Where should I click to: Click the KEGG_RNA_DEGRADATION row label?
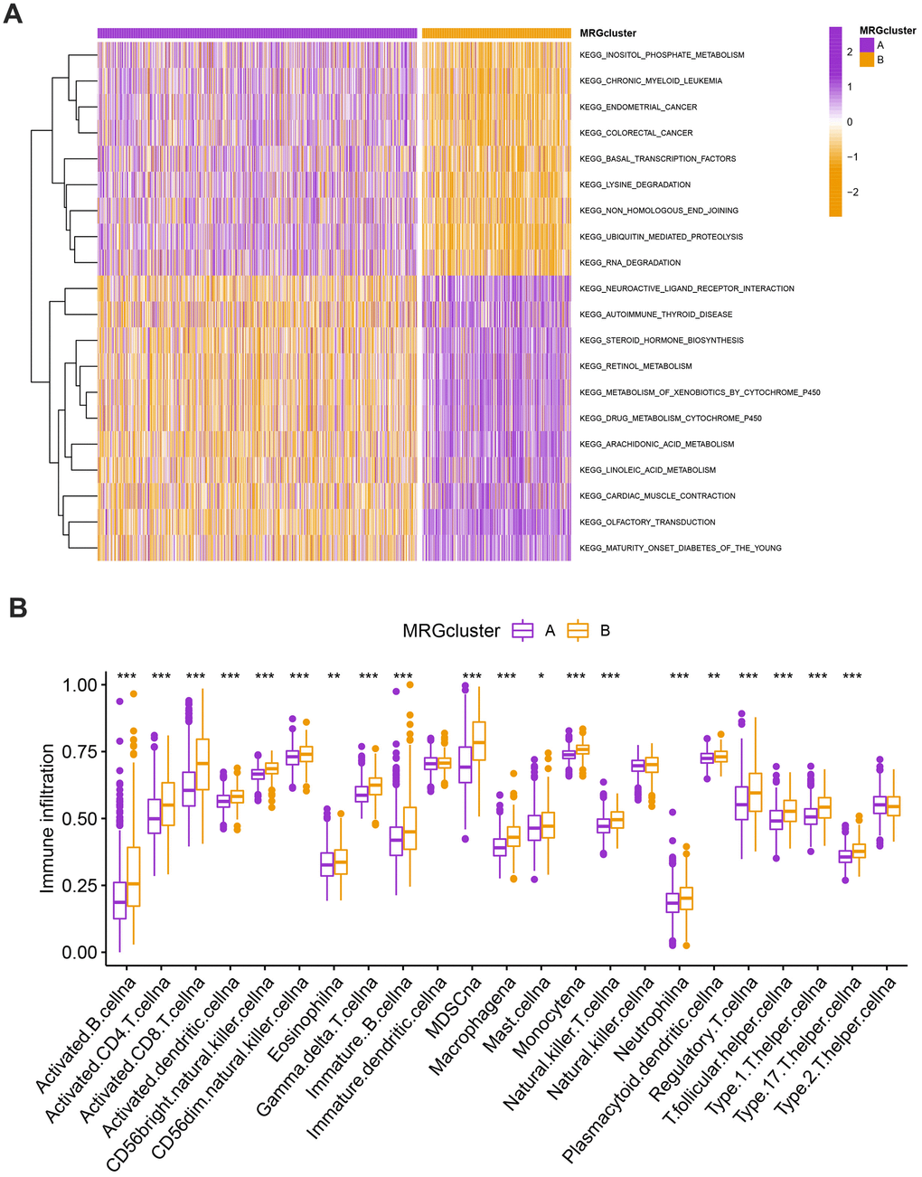tap(630, 263)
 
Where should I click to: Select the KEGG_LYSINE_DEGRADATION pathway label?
tap(635, 185)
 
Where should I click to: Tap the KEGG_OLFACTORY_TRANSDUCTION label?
tap(647, 523)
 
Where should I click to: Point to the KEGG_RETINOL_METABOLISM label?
tap(635, 367)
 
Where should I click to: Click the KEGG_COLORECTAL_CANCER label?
tap(636, 133)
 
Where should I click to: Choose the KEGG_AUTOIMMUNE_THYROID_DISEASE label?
tap(655, 315)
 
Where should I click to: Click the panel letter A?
tap(14, 15)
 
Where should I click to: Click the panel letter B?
tap(16, 607)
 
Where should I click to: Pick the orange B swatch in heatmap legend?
tap(867, 60)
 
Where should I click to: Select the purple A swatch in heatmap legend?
tap(867, 44)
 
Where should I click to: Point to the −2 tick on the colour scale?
tap(849, 193)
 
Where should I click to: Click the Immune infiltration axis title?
tap(47, 819)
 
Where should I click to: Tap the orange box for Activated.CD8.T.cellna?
tap(202, 765)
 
